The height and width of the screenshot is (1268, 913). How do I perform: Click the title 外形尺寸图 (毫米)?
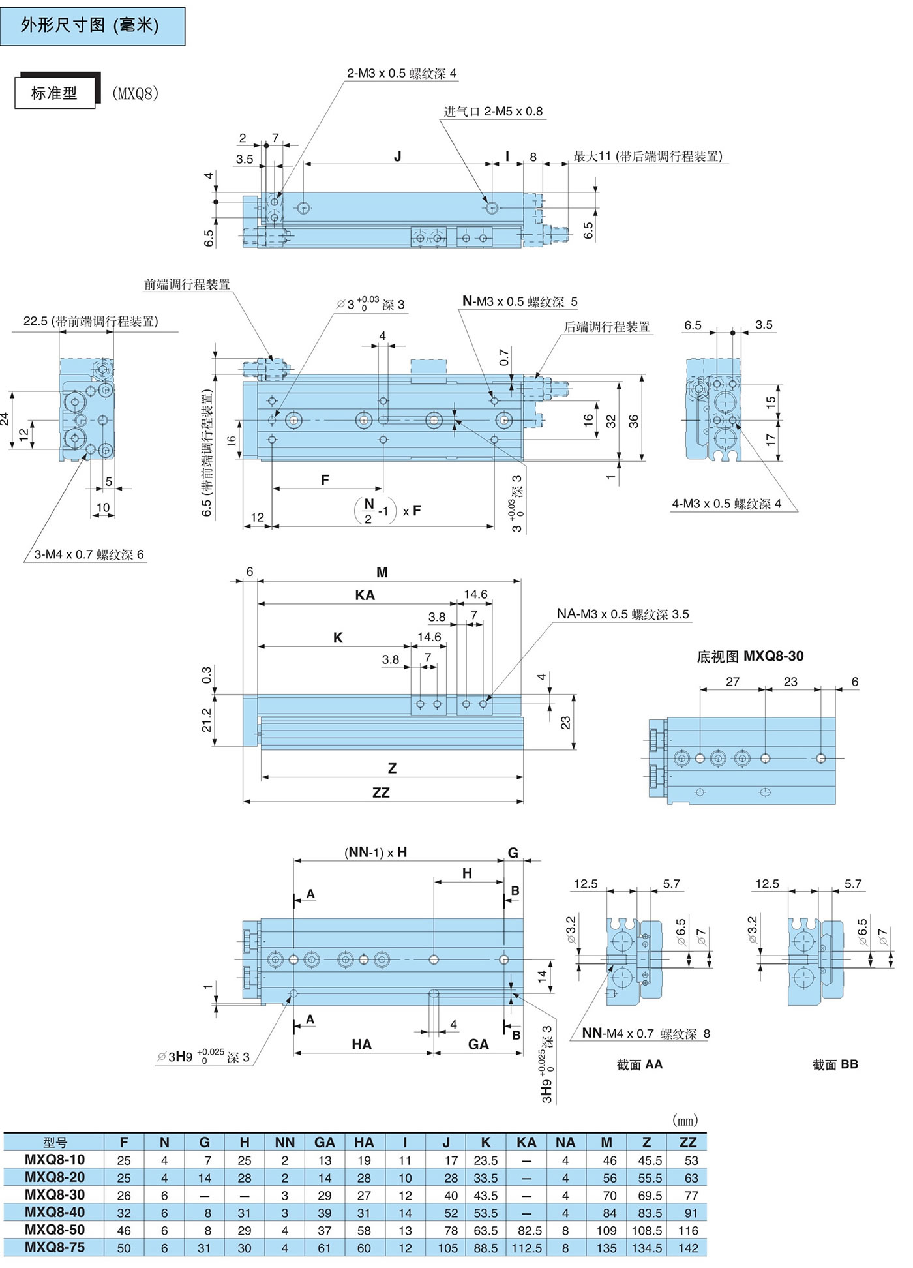pyautogui.click(x=90, y=25)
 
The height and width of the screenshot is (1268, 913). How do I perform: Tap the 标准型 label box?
pyautogui.click(x=55, y=93)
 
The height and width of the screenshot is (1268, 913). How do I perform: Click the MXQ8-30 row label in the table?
pyautogui.click(x=55, y=1194)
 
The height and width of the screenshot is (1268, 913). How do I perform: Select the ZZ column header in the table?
pyautogui.click(x=688, y=1141)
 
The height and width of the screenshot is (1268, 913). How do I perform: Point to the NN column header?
pyautogui.click(x=284, y=1141)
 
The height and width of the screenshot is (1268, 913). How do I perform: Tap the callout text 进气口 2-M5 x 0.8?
pyautogui.click(x=493, y=112)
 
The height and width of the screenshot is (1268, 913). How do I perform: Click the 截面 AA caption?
pyautogui.click(x=639, y=1064)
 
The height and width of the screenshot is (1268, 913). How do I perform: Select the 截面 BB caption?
pyautogui.click(x=835, y=1064)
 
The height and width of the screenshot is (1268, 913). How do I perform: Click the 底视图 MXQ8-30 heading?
pyautogui.click(x=750, y=656)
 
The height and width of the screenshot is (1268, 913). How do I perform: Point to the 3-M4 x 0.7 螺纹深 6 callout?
pyautogui.click(x=89, y=554)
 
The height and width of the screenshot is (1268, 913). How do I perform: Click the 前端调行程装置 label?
pyautogui.click(x=187, y=284)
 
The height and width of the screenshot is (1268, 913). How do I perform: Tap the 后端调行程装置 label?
pyautogui.click(x=606, y=327)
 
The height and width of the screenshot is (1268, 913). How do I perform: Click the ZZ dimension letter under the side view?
pyautogui.click(x=381, y=792)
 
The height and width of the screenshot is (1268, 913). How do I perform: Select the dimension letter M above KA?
pyautogui.click(x=382, y=572)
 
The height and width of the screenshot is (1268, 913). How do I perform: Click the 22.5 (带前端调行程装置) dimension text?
pyautogui.click(x=91, y=321)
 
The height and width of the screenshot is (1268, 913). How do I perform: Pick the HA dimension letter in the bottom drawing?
pyautogui.click(x=361, y=1044)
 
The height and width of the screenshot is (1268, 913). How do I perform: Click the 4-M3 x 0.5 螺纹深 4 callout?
pyautogui.click(x=726, y=504)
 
